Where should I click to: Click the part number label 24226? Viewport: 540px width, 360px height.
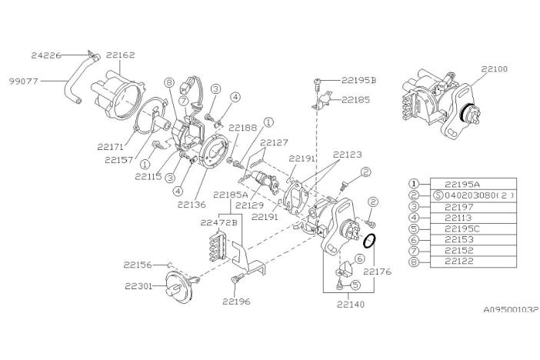(x=46, y=55)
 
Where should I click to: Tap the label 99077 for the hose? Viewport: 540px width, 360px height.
(x=23, y=82)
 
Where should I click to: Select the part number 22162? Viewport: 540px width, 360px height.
(x=121, y=55)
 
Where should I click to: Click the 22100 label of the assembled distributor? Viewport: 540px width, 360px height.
(x=495, y=69)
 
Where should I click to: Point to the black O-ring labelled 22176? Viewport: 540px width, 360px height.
(x=369, y=241)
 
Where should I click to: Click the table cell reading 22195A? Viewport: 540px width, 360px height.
(x=462, y=185)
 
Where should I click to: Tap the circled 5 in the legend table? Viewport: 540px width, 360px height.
(x=415, y=228)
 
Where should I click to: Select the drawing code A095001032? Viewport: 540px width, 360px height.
(x=511, y=309)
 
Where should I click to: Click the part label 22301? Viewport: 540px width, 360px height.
(x=138, y=286)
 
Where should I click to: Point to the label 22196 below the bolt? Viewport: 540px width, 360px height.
(x=236, y=302)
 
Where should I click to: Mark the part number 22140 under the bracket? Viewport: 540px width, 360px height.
(x=350, y=305)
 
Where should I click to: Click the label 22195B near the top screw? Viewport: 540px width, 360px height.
(x=359, y=80)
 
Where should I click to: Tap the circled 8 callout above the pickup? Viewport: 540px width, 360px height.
(x=168, y=82)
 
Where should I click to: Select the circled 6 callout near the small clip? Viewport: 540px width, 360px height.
(x=359, y=258)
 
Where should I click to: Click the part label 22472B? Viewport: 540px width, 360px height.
(x=219, y=223)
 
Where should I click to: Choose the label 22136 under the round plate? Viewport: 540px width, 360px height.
(x=192, y=205)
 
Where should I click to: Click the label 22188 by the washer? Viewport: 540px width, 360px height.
(x=243, y=128)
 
